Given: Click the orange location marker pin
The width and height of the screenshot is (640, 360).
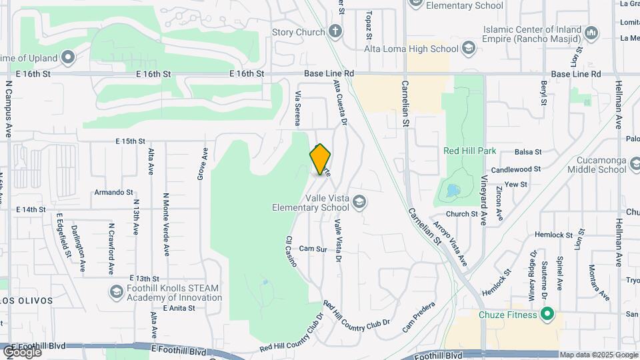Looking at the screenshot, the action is tap(321, 159).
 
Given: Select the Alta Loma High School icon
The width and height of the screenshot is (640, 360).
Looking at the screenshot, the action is tap(469, 48).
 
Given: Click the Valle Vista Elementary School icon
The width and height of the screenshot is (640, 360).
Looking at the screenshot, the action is tap(359, 202).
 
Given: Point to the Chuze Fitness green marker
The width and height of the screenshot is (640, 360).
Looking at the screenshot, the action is tap(547, 313).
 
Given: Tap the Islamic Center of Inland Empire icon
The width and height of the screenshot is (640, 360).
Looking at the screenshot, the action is tap(591, 33).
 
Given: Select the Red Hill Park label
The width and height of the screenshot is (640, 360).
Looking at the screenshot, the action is tap(469, 151).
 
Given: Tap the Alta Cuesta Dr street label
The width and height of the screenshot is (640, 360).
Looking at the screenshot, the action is tap(340, 103).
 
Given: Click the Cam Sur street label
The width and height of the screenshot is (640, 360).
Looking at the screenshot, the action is tap(313, 249).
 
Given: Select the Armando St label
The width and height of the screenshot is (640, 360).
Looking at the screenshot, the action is tap(113, 192).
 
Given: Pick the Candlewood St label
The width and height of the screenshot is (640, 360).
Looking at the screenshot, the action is tap(516, 170).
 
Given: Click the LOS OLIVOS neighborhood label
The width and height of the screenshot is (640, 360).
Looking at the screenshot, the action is tap(25, 301).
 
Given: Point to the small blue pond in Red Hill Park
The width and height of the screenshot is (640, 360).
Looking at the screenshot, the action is tap(453, 191).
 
